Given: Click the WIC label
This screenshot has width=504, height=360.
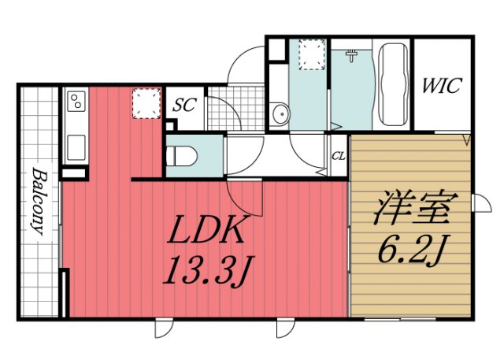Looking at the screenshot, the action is (442, 85).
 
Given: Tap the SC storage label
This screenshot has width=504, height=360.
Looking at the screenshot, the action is (184, 105).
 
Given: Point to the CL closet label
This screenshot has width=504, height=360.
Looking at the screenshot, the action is (339, 156).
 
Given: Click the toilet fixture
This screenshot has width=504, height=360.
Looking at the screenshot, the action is (182, 155).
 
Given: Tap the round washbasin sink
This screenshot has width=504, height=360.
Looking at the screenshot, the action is (280, 114).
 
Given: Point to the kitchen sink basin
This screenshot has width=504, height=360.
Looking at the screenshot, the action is (76, 147).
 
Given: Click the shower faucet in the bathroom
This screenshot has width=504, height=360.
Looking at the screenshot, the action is (353, 56).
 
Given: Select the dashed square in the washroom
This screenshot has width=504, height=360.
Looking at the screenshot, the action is (312, 54).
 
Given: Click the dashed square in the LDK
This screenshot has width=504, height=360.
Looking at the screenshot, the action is (146, 103).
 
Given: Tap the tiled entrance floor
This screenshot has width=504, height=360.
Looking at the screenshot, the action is (236, 109).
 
